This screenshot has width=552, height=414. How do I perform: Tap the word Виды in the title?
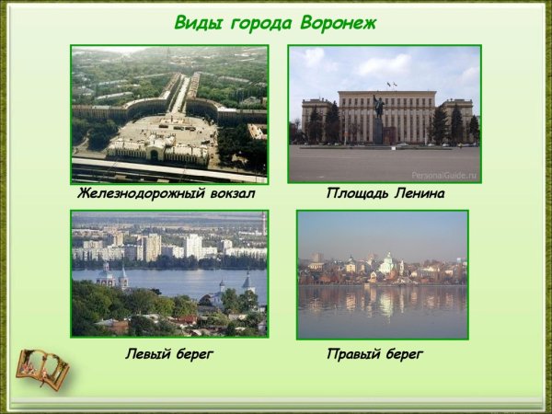click(x=197, y=23)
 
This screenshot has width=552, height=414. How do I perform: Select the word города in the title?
click(x=259, y=23)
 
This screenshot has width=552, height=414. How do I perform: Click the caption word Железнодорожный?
click(x=138, y=194)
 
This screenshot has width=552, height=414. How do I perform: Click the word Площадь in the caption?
click(x=355, y=194)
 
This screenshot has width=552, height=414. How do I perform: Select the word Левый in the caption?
click(x=148, y=353)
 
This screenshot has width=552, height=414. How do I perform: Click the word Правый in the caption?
click(x=354, y=353)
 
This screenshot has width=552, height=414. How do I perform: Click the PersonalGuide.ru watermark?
click(x=443, y=173)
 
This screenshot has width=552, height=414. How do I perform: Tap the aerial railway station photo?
click(x=170, y=114)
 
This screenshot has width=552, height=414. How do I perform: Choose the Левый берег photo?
click(x=170, y=274)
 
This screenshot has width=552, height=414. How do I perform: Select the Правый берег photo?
click(x=382, y=274)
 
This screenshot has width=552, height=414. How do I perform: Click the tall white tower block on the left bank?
click(x=193, y=246)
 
